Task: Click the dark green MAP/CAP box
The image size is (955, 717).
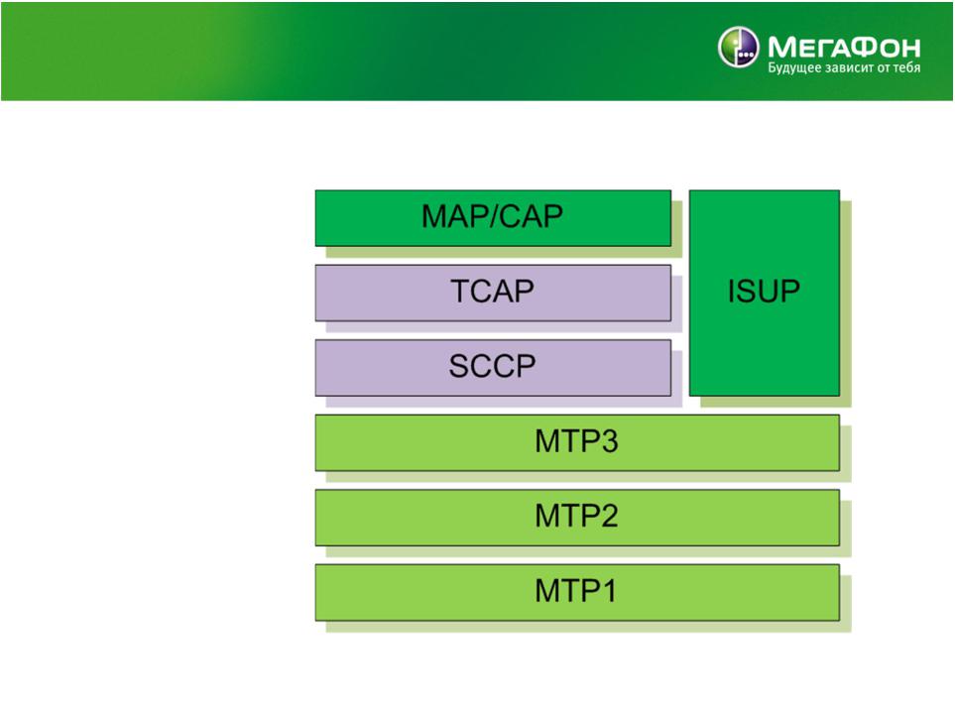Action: [x=493, y=218]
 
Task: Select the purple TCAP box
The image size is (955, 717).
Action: [x=493, y=293]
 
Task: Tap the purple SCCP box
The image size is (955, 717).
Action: [x=493, y=368]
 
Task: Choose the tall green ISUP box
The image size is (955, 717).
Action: [x=765, y=293]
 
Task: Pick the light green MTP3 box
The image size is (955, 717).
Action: [x=577, y=443]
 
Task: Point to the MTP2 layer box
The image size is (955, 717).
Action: [x=577, y=518]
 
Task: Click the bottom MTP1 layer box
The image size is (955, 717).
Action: [x=577, y=593]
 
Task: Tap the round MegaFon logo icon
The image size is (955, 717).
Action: [x=738, y=47]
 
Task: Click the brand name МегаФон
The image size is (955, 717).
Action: [x=844, y=47]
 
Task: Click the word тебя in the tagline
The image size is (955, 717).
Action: [x=906, y=67]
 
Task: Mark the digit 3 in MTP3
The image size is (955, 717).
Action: [x=610, y=441]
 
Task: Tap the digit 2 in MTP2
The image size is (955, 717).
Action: [x=610, y=516]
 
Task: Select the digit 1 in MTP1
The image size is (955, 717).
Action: [x=609, y=591]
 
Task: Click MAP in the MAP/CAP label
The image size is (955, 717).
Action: [x=453, y=216]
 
